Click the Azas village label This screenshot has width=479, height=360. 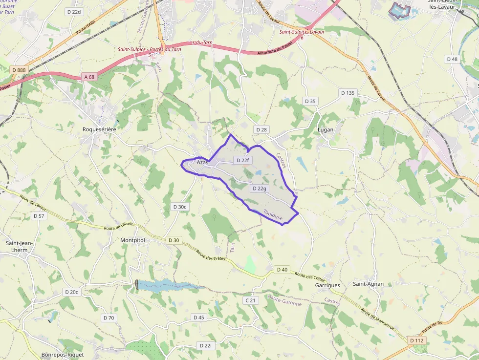(202, 162)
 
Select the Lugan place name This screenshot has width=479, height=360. (326, 130)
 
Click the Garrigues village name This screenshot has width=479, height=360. (327, 285)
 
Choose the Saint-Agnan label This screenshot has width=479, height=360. (369, 284)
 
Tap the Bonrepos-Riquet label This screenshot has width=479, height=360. (63, 355)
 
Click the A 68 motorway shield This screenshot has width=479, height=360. (89, 77)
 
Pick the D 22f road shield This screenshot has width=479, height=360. (242, 160)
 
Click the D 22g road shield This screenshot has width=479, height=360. (259, 189)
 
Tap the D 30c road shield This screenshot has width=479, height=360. (180, 207)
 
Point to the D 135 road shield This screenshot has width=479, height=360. (348, 93)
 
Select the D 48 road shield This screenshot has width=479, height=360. (452, 59)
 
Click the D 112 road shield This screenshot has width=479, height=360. (417, 340)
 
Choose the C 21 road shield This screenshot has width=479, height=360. (250, 300)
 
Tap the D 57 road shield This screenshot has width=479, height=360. (39, 216)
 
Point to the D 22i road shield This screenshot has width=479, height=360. (206, 346)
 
